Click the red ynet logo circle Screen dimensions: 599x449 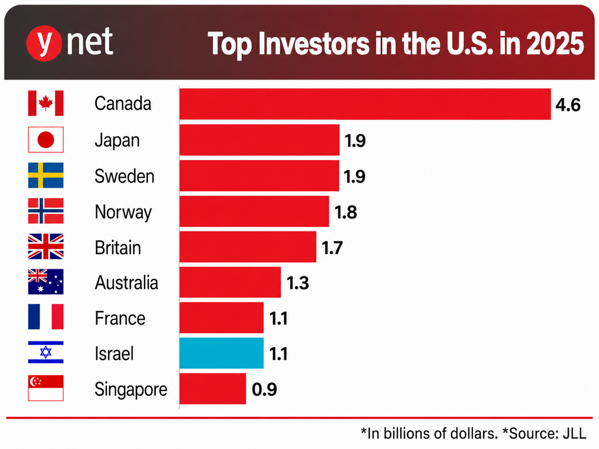pyautogui.click(x=44, y=43)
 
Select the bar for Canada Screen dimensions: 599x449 pyautogui.click(x=365, y=104)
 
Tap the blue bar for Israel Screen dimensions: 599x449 pyautogui.click(x=222, y=353)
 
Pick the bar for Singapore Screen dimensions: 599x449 pyautogui.click(x=213, y=389)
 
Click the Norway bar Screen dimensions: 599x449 pyautogui.click(x=254, y=211)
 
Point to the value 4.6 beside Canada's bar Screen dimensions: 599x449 pyautogui.click(x=568, y=105)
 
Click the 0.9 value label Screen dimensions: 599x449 pyautogui.click(x=264, y=389)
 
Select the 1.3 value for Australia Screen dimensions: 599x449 pyautogui.click(x=298, y=283)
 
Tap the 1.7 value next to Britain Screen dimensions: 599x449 pyautogui.click(x=332, y=247)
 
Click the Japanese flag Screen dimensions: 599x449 pyautogui.click(x=46, y=140)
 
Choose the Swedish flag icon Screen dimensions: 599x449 pyautogui.click(x=46, y=175)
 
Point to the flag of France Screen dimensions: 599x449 pyautogui.click(x=46, y=317)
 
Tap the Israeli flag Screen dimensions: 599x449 pyautogui.click(x=46, y=352)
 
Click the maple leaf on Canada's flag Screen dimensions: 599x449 pyautogui.click(x=46, y=103)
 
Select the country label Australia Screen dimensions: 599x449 pyautogui.click(x=126, y=282)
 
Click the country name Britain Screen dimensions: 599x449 pyautogui.click(x=118, y=247)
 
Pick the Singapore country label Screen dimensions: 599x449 pyautogui.click(x=131, y=390)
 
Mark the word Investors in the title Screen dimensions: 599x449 pyautogui.click(x=314, y=43)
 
